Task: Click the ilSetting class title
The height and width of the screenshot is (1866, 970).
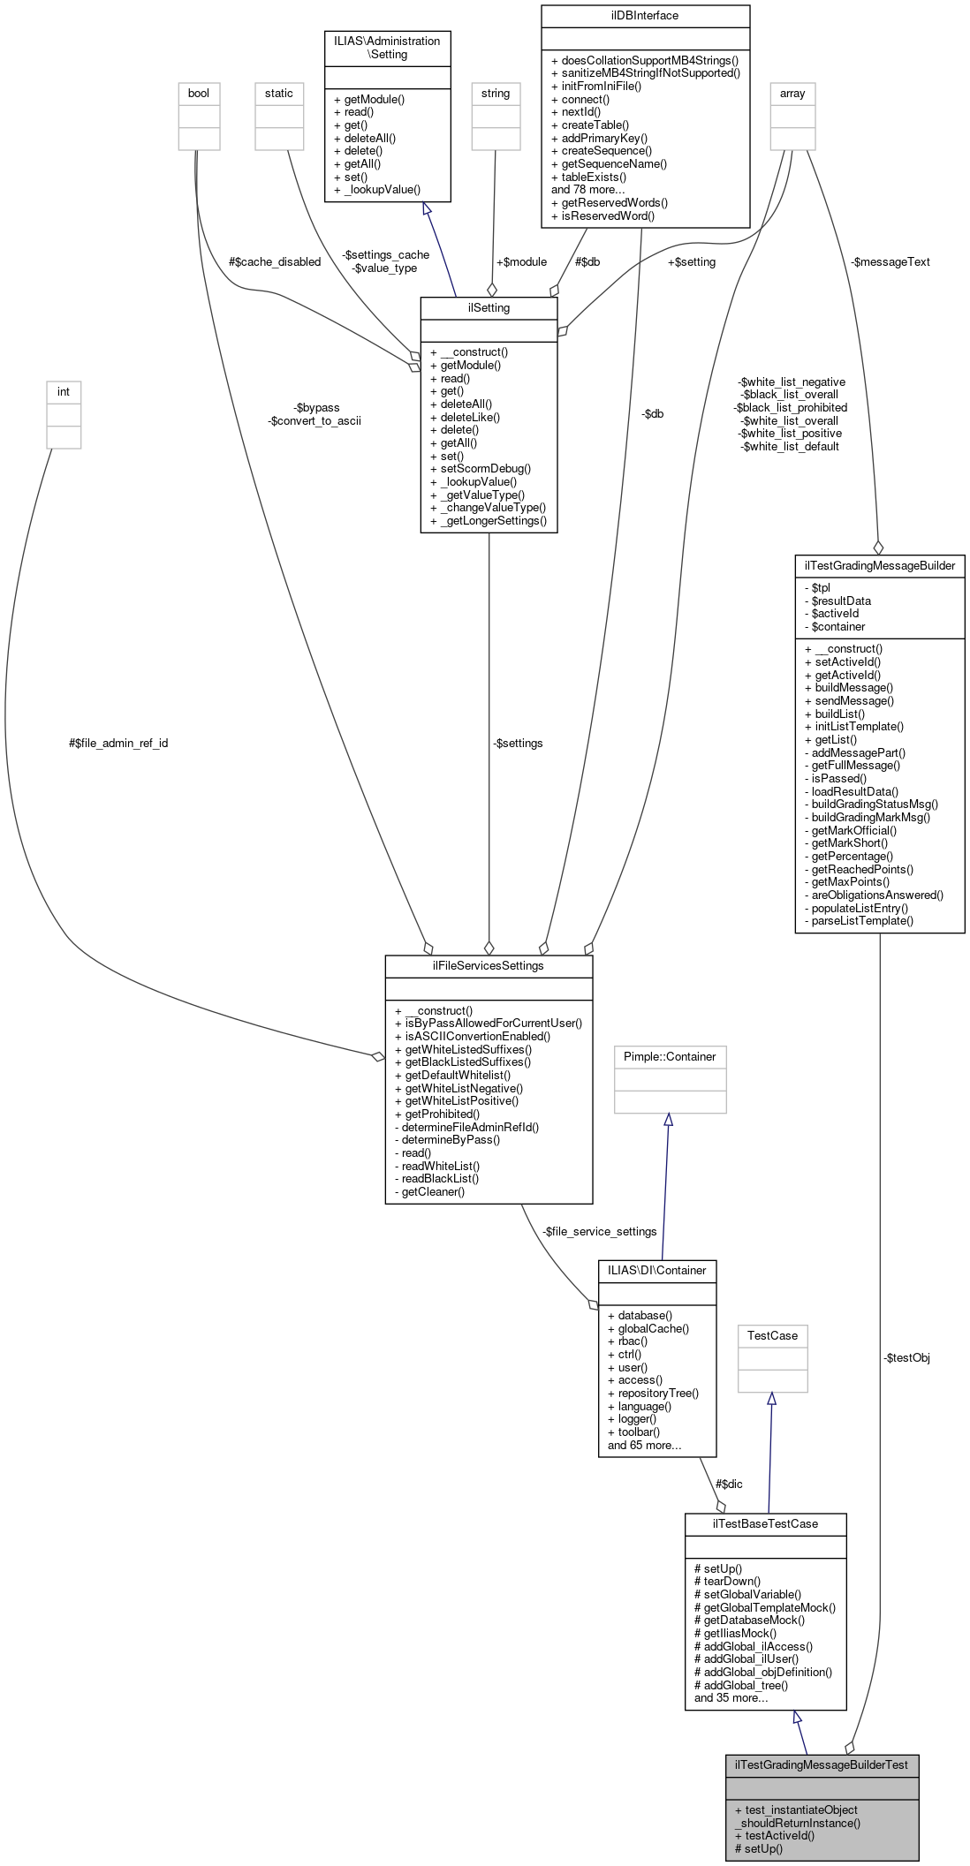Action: click(x=489, y=308)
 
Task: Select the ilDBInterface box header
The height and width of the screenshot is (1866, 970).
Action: click(x=645, y=16)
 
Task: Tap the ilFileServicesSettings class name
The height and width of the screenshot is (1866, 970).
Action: click(x=489, y=965)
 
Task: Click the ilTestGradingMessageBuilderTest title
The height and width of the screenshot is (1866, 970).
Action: click(x=822, y=1764)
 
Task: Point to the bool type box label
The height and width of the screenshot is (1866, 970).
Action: click(x=199, y=93)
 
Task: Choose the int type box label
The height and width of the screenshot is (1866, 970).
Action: click(x=64, y=392)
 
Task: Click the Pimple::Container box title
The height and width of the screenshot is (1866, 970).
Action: click(x=670, y=1056)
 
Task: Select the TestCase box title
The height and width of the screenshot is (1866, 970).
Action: click(x=772, y=1335)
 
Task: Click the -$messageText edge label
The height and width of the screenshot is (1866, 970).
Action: click(x=890, y=261)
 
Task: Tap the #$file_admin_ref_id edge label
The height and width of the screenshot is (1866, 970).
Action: click(x=118, y=743)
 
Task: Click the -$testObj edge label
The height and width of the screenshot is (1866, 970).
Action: click(x=906, y=1357)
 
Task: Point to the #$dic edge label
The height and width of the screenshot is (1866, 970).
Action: click(x=729, y=1484)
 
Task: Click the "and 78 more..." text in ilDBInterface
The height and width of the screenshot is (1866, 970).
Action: click(x=588, y=189)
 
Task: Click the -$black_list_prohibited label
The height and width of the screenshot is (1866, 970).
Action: click(x=791, y=407)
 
